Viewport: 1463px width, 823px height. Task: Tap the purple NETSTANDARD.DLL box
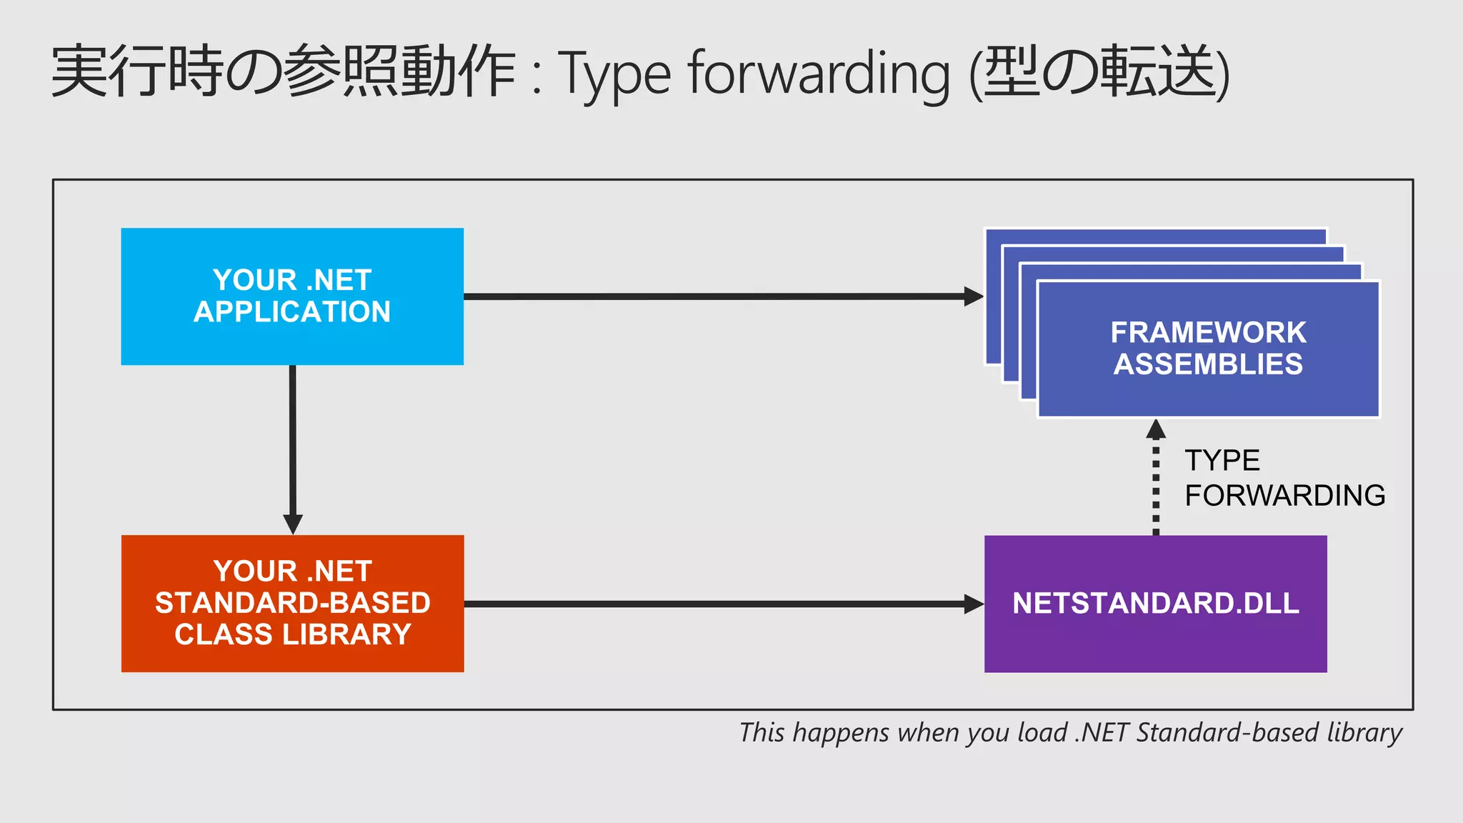coord(1155,604)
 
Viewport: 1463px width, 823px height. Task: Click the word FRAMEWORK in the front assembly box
coord(1208,332)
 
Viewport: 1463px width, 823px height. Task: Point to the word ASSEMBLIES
coord(1208,364)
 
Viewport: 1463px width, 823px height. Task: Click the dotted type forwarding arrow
coord(1156,486)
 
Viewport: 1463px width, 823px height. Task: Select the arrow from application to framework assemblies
coord(714,296)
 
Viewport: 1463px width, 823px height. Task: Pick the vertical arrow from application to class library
coord(292,443)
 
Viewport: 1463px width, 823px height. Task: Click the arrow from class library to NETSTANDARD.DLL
coord(714,604)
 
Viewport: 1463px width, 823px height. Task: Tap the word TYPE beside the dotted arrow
coord(1222,461)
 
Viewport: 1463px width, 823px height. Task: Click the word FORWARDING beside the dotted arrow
coord(1284,496)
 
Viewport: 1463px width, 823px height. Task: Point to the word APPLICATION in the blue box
coord(292,312)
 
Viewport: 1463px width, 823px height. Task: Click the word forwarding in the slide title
coord(819,74)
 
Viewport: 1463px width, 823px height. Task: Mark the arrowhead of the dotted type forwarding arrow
coord(1156,429)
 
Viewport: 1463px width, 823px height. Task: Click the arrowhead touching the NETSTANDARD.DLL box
coord(974,604)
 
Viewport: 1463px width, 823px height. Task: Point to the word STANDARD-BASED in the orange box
coord(292,603)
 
